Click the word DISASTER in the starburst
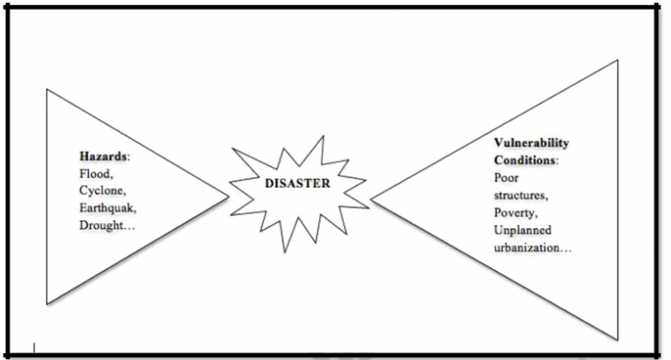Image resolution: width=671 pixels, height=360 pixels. pyautogui.click(x=297, y=184)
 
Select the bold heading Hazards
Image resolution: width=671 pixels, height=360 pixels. pyautogui.click(x=100, y=157)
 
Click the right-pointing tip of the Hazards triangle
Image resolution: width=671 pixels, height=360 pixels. pyautogui.click(x=229, y=196)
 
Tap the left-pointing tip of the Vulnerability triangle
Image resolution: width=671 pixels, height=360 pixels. pyautogui.click(x=370, y=199)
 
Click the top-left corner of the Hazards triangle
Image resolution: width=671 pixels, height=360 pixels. pyautogui.click(x=47, y=87)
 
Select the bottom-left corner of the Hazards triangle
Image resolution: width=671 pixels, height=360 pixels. pyautogui.click(x=47, y=303)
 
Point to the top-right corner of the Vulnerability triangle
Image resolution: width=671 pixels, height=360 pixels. pyautogui.click(x=618, y=60)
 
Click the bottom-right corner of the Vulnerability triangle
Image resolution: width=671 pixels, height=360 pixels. pyautogui.click(x=618, y=339)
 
